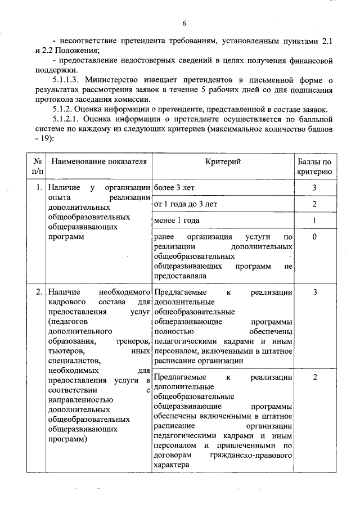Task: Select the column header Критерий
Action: (x=223, y=161)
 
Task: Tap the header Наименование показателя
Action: (x=99, y=161)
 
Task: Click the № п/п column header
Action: (x=38, y=166)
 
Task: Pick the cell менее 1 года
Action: (x=177, y=220)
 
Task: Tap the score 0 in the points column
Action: (x=315, y=237)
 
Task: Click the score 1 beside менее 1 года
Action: (x=315, y=220)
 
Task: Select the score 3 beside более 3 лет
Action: (x=315, y=187)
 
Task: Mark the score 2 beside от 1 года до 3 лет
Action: (x=315, y=204)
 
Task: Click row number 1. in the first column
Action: (x=38, y=187)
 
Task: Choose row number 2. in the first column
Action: (x=38, y=292)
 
